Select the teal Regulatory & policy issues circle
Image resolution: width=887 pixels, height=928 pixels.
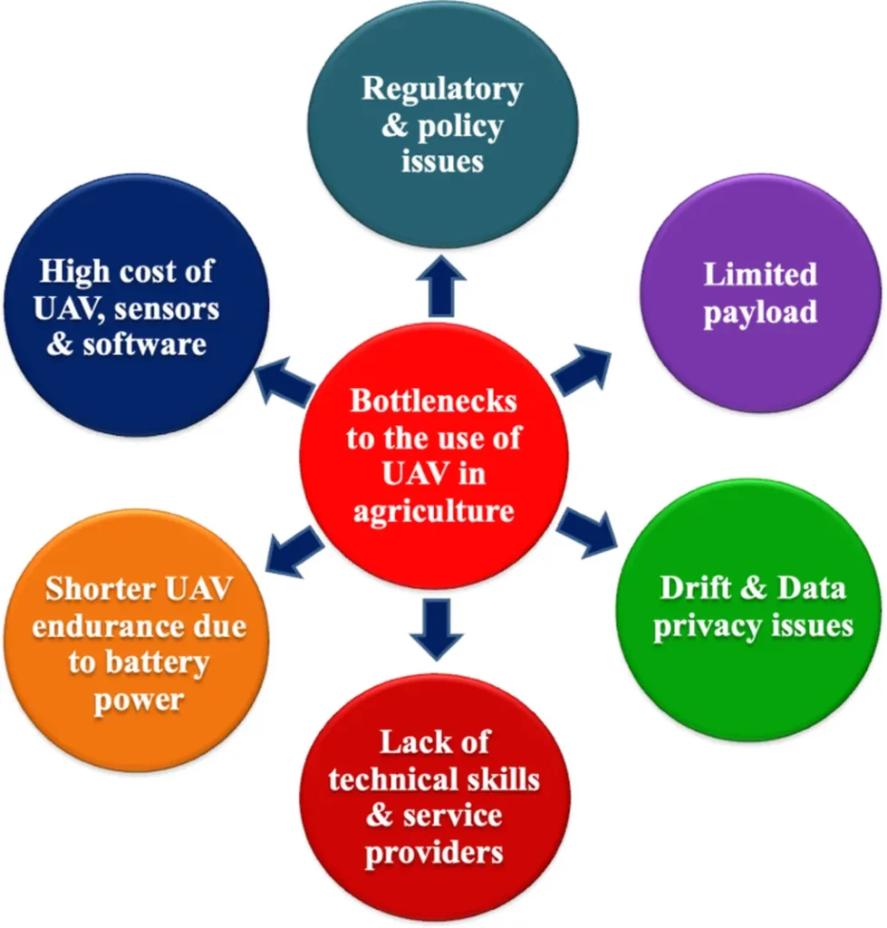coord(443,126)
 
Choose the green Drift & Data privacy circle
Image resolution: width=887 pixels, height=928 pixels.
coord(752,607)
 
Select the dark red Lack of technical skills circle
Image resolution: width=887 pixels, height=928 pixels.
coord(435,797)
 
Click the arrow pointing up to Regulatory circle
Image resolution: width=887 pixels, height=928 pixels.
coord(442,283)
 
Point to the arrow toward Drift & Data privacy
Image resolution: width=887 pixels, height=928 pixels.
coord(585,534)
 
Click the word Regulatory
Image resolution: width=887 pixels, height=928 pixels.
coord(442,90)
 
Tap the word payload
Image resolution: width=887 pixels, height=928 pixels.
coord(760,313)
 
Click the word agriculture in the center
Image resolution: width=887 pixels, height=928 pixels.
coord(434,511)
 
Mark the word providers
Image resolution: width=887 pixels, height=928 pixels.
coord(434,853)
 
